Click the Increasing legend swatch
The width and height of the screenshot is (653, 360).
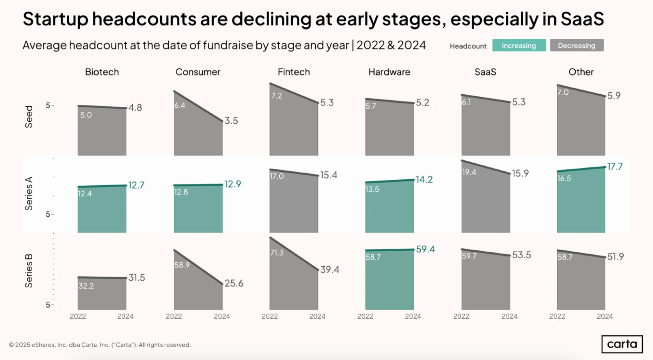[519, 45]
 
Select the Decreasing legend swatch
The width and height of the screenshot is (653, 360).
[577, 45]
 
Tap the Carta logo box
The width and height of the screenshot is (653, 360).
[622, 344]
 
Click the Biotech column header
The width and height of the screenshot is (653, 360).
[102, 72]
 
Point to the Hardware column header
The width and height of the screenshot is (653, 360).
[389, 72]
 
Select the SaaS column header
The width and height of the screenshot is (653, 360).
[485, 72]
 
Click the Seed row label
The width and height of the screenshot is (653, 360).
[29, 117]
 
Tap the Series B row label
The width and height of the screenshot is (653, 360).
[29, 271]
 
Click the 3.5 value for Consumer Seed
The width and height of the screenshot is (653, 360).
[231, 121]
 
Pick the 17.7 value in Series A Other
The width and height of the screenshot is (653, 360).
[615, 167]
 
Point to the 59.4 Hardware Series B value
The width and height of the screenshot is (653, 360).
[425, 249]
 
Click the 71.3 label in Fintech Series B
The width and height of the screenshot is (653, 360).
[277, 253]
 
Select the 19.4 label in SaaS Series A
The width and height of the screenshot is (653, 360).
[469, 172]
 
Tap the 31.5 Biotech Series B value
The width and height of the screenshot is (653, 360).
[137, 278]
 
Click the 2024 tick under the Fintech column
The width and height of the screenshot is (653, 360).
[317, 316]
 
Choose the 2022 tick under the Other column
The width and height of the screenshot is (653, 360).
[557, 316]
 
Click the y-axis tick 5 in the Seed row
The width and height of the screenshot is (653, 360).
[48, 106]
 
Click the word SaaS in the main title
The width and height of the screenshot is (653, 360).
[582, 19]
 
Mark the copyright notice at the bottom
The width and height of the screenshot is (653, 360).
[100, 345]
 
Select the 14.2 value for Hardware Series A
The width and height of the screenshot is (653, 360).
[424, 179]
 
